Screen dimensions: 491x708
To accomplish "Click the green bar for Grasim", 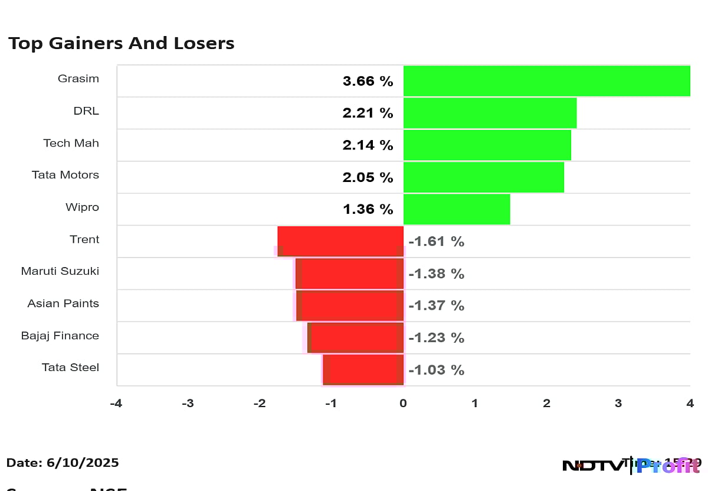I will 546,81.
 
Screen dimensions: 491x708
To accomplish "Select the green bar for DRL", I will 490,113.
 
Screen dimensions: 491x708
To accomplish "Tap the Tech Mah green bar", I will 487,145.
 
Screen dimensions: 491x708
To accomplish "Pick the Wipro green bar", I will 456,209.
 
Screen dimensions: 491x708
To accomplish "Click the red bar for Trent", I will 340,241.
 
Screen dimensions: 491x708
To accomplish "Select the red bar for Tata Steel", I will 363,370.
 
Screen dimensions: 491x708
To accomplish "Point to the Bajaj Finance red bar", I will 356,337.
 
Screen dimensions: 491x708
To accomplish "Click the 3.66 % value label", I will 368,82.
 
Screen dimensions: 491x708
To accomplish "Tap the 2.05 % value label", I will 368,177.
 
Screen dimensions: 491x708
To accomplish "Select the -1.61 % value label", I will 436,242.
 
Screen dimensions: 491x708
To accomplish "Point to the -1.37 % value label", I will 436,305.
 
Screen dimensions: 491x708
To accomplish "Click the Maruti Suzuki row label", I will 60,271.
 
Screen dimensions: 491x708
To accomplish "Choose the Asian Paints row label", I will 63,303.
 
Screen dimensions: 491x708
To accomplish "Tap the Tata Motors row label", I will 65,175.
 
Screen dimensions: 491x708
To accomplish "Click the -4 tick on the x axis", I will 116,404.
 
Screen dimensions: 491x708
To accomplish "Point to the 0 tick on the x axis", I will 403,404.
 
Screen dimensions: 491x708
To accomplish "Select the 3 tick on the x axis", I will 618,404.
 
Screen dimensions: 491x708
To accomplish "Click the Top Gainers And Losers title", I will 121,43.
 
